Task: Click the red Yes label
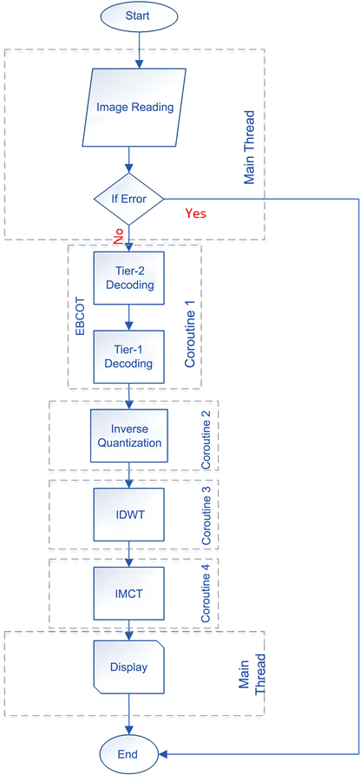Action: click(x=200, y=211)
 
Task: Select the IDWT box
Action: click(x=128, y=516)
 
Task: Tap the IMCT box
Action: click(x=128, y=594)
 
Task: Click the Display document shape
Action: click(x=128, y=667)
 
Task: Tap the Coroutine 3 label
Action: click(x=206, y=517)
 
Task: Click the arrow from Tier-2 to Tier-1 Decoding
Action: click(x=128, y=318)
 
